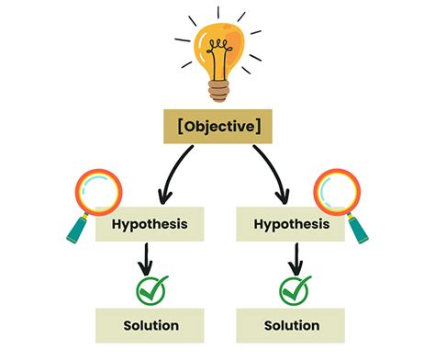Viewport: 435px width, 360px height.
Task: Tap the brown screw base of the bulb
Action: click(x=217, y=89)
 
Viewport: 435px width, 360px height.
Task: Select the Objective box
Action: click(x=217, y=128)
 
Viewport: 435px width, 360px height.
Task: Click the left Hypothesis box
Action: click(x=150, y=223)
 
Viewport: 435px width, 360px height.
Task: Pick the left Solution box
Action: click(x=150, y=325)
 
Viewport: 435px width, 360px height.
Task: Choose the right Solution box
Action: click(x=291, y=325)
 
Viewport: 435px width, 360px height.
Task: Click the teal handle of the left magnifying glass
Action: click(x=77, y=229)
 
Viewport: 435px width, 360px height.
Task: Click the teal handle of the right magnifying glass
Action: click(x=360, y=229)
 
